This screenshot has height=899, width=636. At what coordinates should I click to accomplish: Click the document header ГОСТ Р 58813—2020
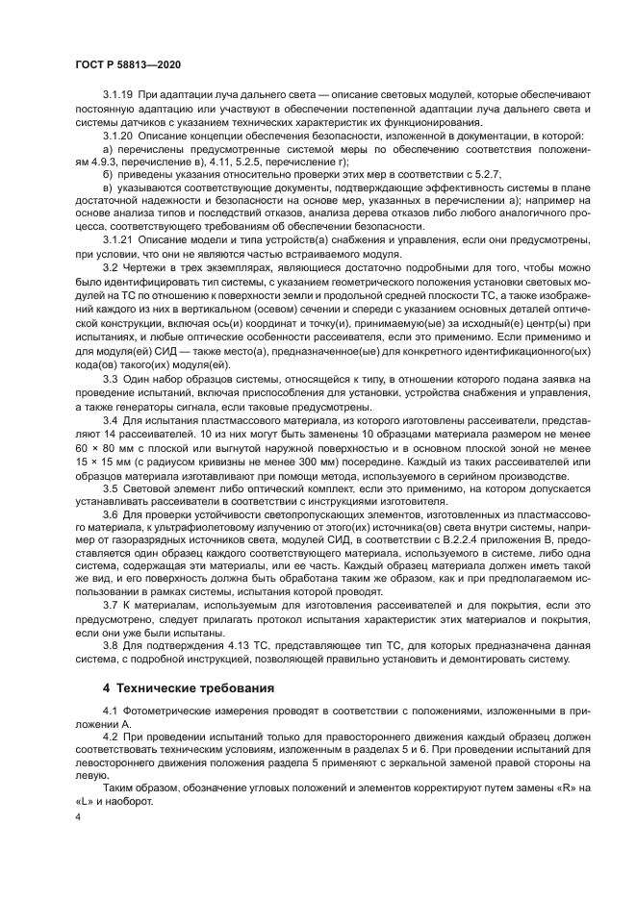click(x=128, y=62)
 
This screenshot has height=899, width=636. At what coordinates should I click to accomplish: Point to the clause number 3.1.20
click(x=117, y=138)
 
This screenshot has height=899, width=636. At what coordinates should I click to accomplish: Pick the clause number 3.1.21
click(x=117, y=237)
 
